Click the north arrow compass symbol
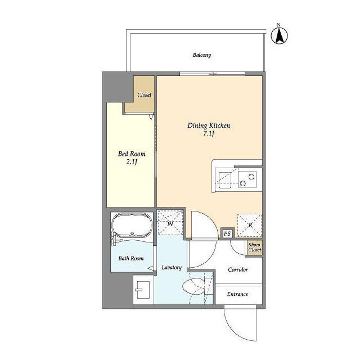click(x=279, y=35)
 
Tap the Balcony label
click(x=202, y=55)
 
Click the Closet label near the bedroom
click(x=144, y=95)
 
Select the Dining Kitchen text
click(x=209, y=125)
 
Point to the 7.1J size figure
click(x=209, y=133)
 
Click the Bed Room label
click(x=132, y=154)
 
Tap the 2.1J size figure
click(x=132, y=162)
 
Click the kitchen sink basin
click(x=225, y=180)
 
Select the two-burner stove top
click(x=247, y=179)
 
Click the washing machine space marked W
click(x=170, y=223)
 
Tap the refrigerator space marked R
click(x=250, y=225)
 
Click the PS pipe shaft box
click(x=227, y=234)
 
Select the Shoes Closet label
click(x=255, y=247)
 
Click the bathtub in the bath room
click(x=132, y=225)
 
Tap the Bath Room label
click(x=131, y=259)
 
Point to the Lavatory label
click(x=172, y=268)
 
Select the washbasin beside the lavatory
click(x=143, y=290)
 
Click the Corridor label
click(x=238, y=269)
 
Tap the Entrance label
click(x=237, y=294)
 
